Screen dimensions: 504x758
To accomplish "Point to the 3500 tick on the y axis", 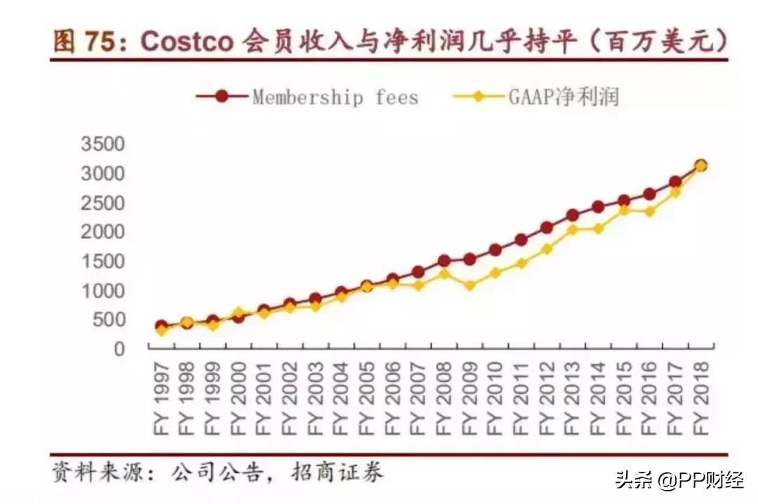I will (x=103, y=145).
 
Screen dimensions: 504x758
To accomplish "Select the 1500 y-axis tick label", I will (x=103, y=261).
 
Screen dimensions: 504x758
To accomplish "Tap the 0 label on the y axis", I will (x=119, y=348).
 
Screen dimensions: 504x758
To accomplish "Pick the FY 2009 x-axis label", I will (x=470, y=397).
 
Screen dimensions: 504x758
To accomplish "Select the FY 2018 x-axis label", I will (x=701, y=397).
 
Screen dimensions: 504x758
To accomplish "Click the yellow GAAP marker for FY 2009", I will (x=470, y=286).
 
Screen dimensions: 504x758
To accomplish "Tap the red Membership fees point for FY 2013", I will (x=573, y=215).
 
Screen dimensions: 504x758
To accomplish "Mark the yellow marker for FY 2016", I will (x=650, y=211).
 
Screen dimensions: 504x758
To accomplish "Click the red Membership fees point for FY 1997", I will (x=161, y=326).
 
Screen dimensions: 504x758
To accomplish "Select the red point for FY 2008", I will (x=444, y=261).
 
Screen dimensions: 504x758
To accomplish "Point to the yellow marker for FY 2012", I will (x=547, y=248).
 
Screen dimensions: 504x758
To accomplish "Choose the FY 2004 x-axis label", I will (x=341, y=397).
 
